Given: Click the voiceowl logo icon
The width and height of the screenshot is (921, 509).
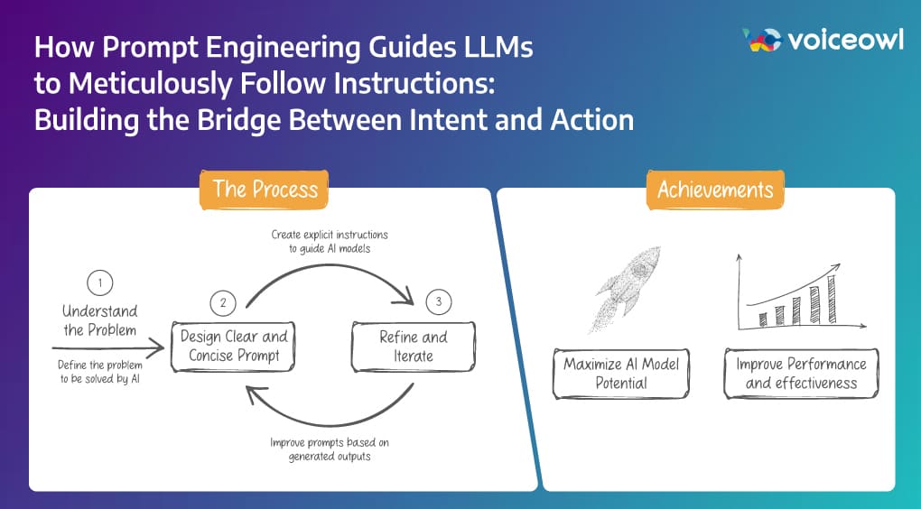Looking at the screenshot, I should pyautogui.click(x=760, y=40).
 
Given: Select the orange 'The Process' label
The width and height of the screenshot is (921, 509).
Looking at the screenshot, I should pyautogui.click(x=265, y=189).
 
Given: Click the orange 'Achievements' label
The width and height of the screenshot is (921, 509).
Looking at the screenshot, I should pyautogui.click(x=715, y=189).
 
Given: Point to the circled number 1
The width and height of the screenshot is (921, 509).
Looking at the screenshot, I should pyautogui.click(x=99, y=282).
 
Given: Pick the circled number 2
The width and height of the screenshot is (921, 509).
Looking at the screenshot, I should pyautogui.click(x=221, y=302).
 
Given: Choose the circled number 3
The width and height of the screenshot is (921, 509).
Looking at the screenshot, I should pyautogui.click(x=438, y=302).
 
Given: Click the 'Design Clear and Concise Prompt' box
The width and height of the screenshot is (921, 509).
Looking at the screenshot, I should pyautogui.click(x=233, y=347).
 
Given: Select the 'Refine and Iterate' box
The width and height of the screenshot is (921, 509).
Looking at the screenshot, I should pyautogui.click(x=413, y=347).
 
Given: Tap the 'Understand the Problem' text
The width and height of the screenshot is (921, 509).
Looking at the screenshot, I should pyautogui.click(x=99, y=320).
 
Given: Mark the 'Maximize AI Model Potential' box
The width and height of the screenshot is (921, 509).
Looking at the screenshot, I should pyautogui.click(x=621, y=374).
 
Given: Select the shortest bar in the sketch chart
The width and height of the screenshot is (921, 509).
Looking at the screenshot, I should pyautogui.click(x=763, y=319).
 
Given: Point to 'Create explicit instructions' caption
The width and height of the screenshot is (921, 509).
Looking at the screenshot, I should pyautogui.click(x=330, y=235).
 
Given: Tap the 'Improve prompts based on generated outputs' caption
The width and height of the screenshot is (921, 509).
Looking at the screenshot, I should pyautogui.click(x=330, y=449).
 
